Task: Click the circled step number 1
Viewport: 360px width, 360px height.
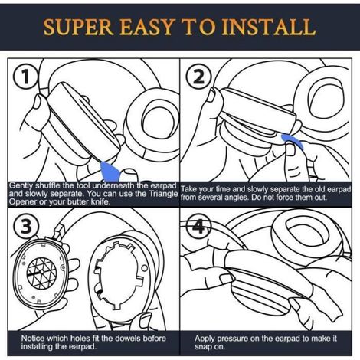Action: click(25, 77)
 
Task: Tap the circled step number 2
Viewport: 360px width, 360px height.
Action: click(198, 77)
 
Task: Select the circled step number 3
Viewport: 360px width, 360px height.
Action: click(26, 226)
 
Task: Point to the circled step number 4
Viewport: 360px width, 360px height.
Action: click(198, 226)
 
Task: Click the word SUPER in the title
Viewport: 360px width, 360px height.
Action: click(78, 28)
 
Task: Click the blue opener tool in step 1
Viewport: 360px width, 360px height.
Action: click(110, 172)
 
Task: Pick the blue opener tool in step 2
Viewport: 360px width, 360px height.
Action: click(293, 141)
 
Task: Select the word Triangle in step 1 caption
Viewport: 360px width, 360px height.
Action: click(163, 194)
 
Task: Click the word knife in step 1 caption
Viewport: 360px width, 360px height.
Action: click(101, 201)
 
